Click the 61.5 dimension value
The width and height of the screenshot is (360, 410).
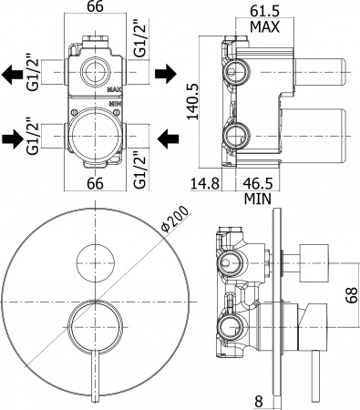coord(264,13)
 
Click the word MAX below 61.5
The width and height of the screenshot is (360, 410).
coord(264,27)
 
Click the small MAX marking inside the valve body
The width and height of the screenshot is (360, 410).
coord(113,90)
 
